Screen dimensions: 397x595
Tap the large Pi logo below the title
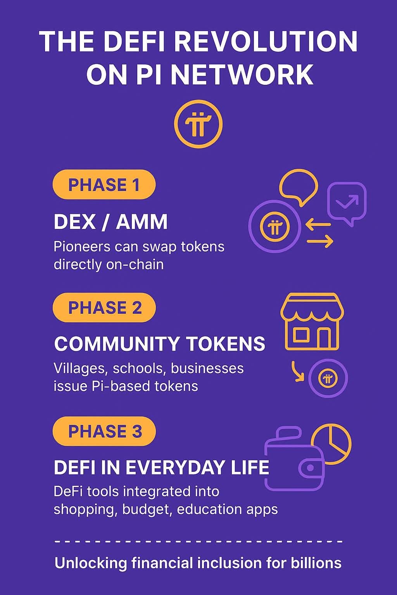[x=198, y=124]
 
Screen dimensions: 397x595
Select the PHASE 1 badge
[x=104, y=184]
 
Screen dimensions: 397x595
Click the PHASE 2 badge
[x=104, y=307]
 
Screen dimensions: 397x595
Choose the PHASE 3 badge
[x=104, y=431]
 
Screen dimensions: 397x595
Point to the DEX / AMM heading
[x=110, y=222]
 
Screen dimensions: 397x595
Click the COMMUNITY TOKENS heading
[x=160, y=344]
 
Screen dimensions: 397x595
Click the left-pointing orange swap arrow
[x=318, y=224]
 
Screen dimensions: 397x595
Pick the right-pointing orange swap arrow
[x=320, y=241]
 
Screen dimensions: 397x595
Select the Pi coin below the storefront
[x=328, y=378]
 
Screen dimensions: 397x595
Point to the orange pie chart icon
[x=331, y=444]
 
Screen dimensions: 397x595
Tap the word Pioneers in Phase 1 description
[x=82, y=247]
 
